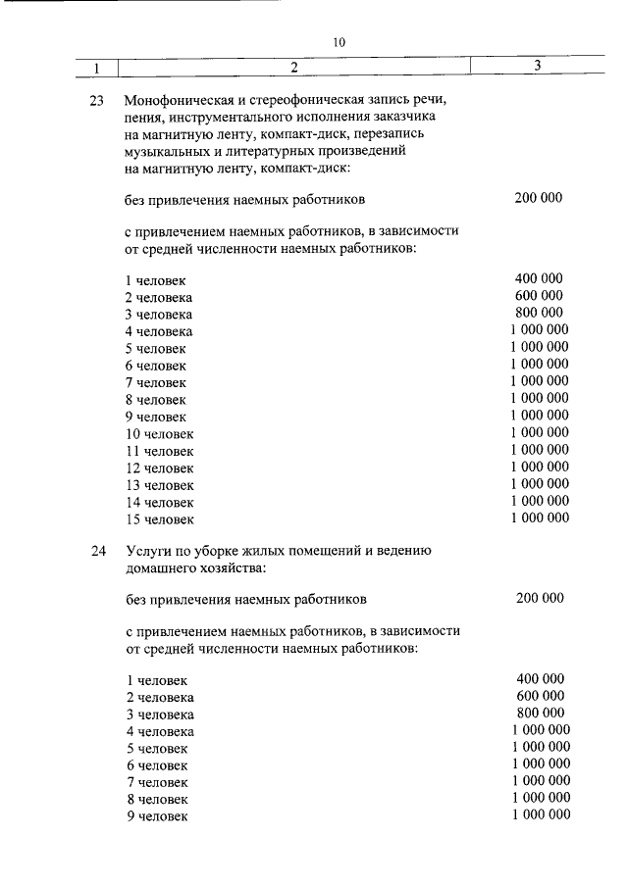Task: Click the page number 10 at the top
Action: pyautogui.click(x=339, y=42)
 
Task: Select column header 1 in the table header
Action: pyautogui.click(x=96, y=68)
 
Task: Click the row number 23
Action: pyautogui.click(x=96, y=100)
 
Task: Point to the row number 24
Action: pyautogui.click(x=96, y=551)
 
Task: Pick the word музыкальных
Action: pyautogui.click(x=167, y=152)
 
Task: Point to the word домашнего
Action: pyautogui.click(x=161, y=567)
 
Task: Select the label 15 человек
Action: pyautogui.click(x=159, y=518)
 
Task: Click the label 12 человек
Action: pyautogui.click(x=159, y=468)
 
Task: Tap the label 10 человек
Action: pyautogui.click(x=159, y=433)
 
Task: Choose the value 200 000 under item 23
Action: pyautogui.click(x=538, y=198)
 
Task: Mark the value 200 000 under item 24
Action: pyautogui.click(x=540, y=598)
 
